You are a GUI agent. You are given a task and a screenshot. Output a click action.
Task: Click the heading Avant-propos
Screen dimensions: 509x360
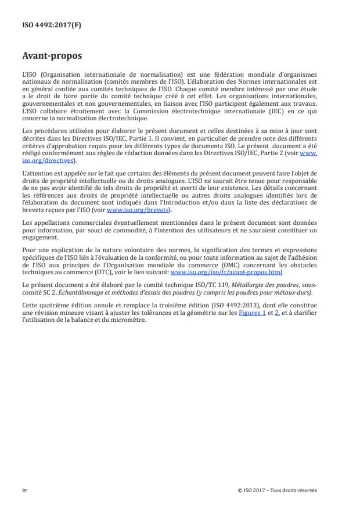coord(52,57)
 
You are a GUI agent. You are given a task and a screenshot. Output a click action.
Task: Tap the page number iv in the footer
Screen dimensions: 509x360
coord(24,490)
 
